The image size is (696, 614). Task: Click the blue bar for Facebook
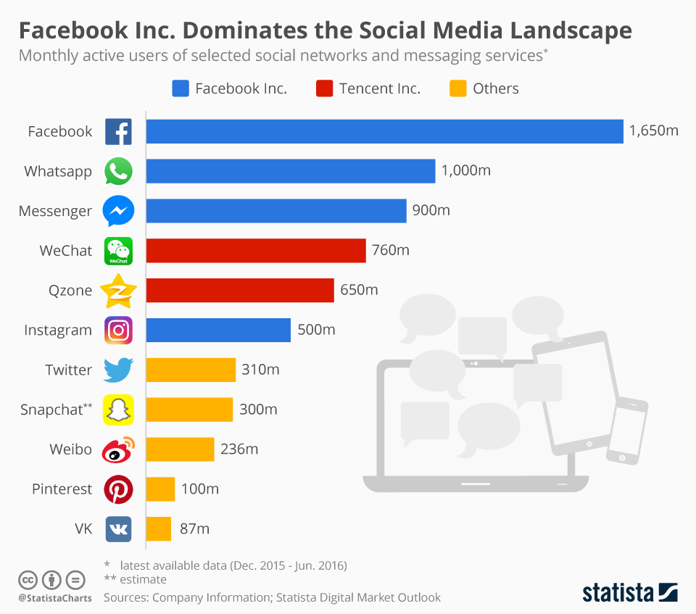coord(384,131)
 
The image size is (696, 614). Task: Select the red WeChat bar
coord(256,250)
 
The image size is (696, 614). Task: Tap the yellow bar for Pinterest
coord(160,489)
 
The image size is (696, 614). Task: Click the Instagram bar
coord(218,330)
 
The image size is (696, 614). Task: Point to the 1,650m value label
coord(653,131)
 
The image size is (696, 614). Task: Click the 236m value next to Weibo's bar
coord(239,449)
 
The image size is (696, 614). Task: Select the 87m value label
coord(194,528)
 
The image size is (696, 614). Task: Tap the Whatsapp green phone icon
coord(118,172)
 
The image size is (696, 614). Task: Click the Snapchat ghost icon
coord(118,410)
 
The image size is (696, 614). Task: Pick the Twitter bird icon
coord(118,370)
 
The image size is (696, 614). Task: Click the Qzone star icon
coord(118,291)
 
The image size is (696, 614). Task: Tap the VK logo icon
coord(118,528)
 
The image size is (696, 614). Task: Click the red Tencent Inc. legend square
coord(325,88)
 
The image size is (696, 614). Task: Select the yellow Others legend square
coord(457,88)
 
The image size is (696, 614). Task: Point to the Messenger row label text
coord(55,211)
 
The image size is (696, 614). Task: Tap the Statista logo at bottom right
coord(629,592)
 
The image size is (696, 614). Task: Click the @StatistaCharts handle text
coord(55,598)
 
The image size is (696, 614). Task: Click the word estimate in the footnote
coord(144,579)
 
